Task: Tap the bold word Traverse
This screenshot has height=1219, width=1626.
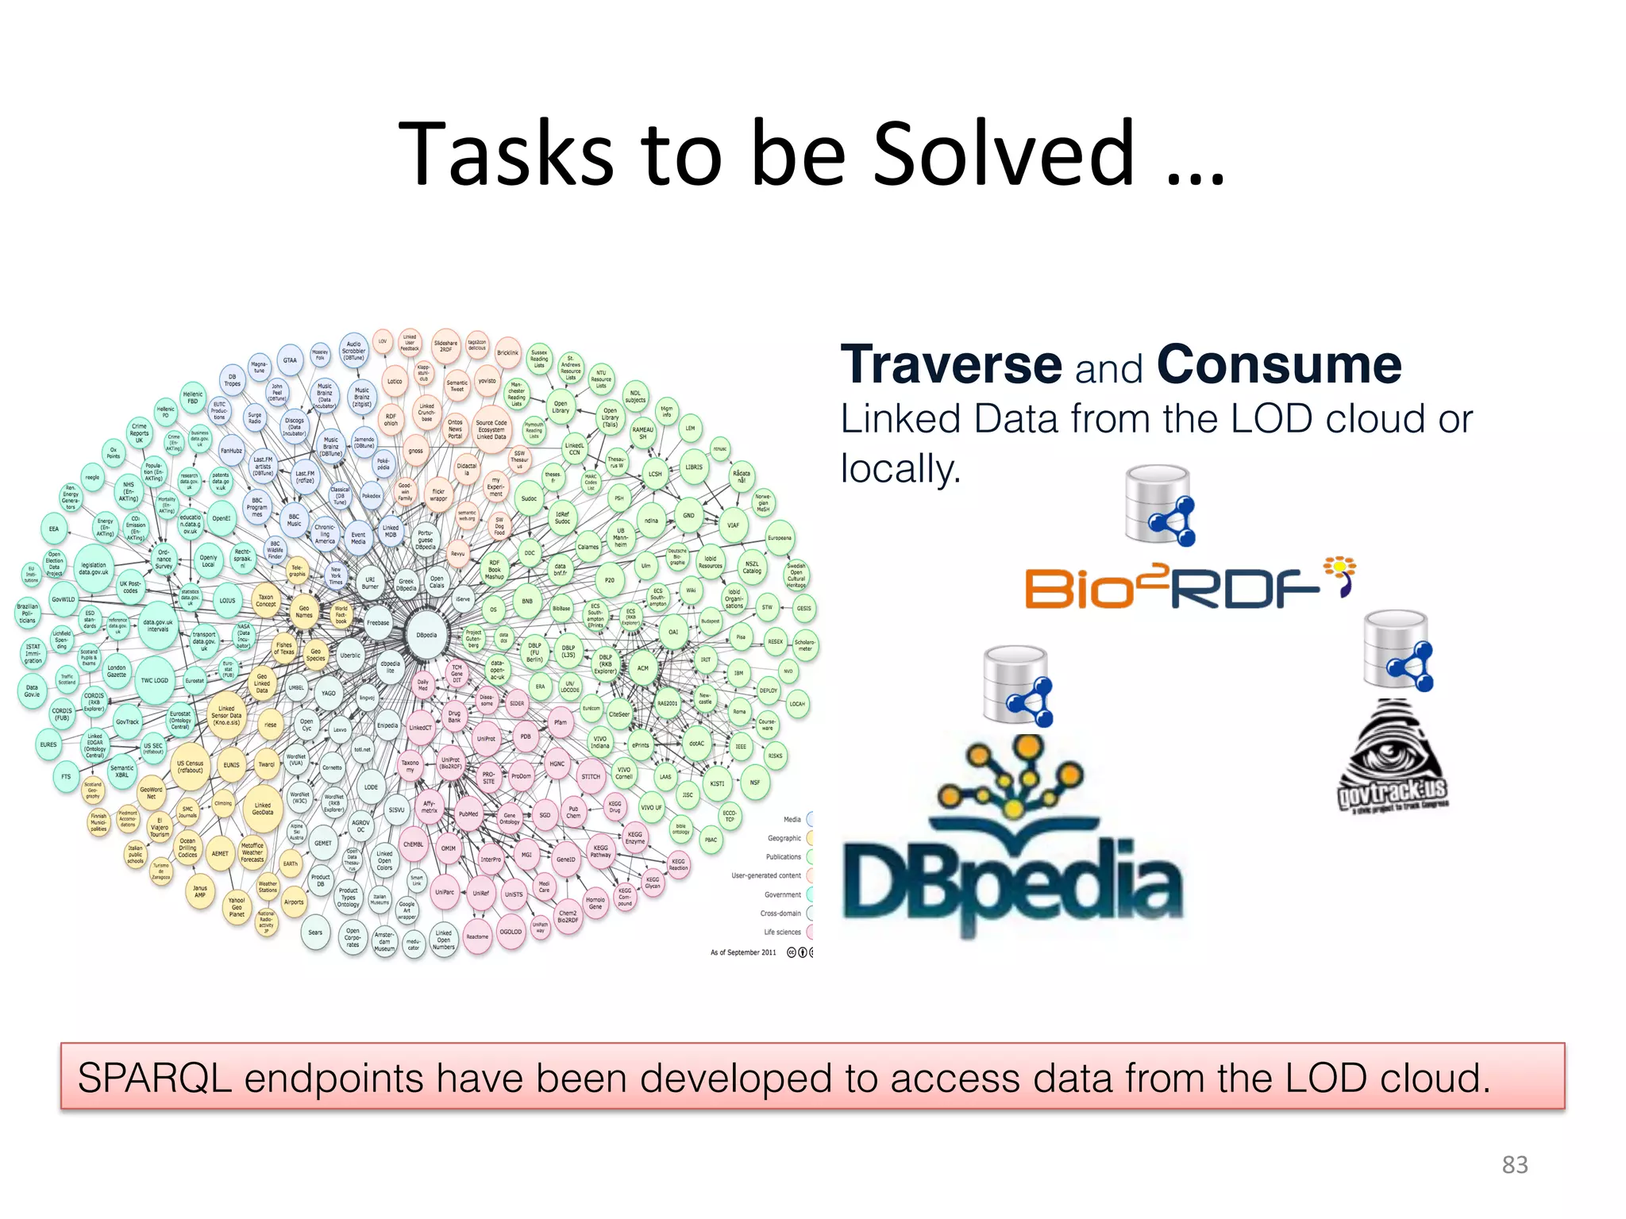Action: click(x=951, y=365)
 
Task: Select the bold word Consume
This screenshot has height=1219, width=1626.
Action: click(x=1279, y=365)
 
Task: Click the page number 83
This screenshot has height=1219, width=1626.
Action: click(x=1514, y=1165)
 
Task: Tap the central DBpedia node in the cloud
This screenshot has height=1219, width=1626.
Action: click(x=426, y=635)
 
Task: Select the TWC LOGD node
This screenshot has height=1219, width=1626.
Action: click(x=155, y=680)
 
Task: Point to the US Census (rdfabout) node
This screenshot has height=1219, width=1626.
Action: click(x=191, y=767)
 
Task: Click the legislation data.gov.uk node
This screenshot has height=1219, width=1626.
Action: click(x=94, y=569)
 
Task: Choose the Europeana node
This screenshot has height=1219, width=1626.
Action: click(x=780, y=538)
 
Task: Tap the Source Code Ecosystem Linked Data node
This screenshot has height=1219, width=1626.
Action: click(x=491, y=429)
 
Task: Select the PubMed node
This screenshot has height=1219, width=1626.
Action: click(x=468, y=813)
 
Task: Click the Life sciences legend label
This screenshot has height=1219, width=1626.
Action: click(x=782, y=933)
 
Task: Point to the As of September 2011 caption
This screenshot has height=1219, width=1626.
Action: click(x=743, y=952)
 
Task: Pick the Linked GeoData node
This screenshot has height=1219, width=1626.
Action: click(x=263, y=809)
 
